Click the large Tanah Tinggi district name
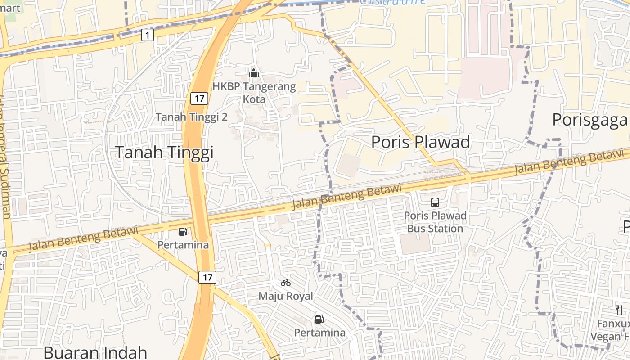(x=164, y=153)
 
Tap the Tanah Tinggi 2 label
(x=192, y=117)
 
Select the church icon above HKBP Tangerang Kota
(x=254, y=72)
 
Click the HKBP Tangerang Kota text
(x=254, y=93)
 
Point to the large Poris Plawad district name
(x=420, y=142)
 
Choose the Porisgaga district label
(x=589, y=120)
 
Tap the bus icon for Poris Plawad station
(x=435, y=202)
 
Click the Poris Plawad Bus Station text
(x=435, y=222)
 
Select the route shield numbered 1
(x=147, y=35)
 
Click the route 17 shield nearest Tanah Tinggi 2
(x=199, y=98)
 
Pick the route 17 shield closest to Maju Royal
(x=207, y=277)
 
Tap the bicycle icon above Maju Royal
(x=286, y=283)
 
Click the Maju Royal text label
(x=286, y=297)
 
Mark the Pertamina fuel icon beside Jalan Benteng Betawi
(x=183, y=232)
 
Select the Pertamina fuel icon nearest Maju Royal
(x=319, y=319)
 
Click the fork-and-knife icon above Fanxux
(x=619, y=310)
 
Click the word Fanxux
(x=613, y=324)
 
